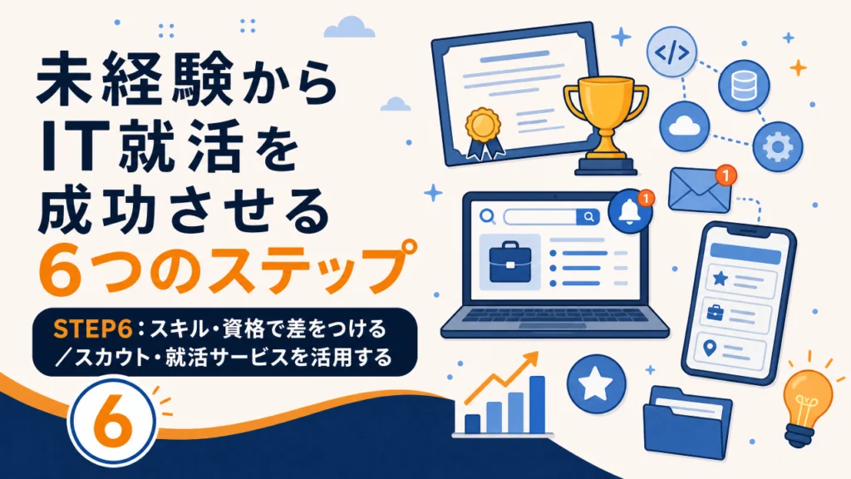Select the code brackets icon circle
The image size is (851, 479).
click(671, 52)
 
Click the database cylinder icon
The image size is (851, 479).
click(744, 86)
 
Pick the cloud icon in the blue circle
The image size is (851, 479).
click(685, 126)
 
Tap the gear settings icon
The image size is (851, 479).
click(778, 146)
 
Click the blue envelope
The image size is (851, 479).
click(700, 190)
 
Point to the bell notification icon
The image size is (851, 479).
click(630, 212)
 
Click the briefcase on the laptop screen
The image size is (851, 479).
click(510, 264)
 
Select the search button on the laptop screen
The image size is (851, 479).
click(588, 217)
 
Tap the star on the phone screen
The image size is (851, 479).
click(721, 278)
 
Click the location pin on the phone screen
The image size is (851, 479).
click(710, 348)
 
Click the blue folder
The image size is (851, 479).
click(687, 422)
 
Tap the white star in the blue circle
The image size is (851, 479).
click(596, 384)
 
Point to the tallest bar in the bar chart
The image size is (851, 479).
click(537, 405)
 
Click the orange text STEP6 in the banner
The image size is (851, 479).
click(93, 329)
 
